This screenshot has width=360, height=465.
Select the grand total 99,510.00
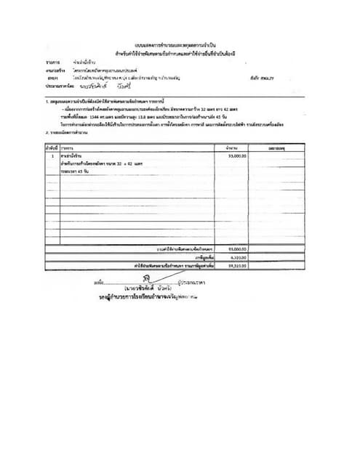[237, 264]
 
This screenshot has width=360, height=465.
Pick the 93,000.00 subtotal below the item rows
[237, 248]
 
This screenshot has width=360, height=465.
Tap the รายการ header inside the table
[68, 147]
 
